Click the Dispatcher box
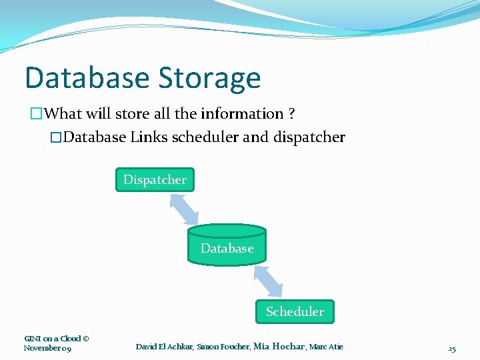click(x=155, y=179)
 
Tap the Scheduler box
click(x=295, y=311)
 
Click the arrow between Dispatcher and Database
click(x=184, y=209)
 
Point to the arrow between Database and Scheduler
click(x=269, y=281)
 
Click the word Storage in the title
click(x=209, y=78)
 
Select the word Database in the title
click(x=87, y=78)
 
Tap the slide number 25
click(x=452, y=349)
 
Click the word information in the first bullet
click(x=247, y=114)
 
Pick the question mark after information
click(x=293, y=114)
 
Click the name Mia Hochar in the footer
click(x=279, y=347)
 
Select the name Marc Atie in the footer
click(x=326, y=347)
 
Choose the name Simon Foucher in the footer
click(x=222, y=347)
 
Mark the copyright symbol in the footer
click(x=85, y=339)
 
